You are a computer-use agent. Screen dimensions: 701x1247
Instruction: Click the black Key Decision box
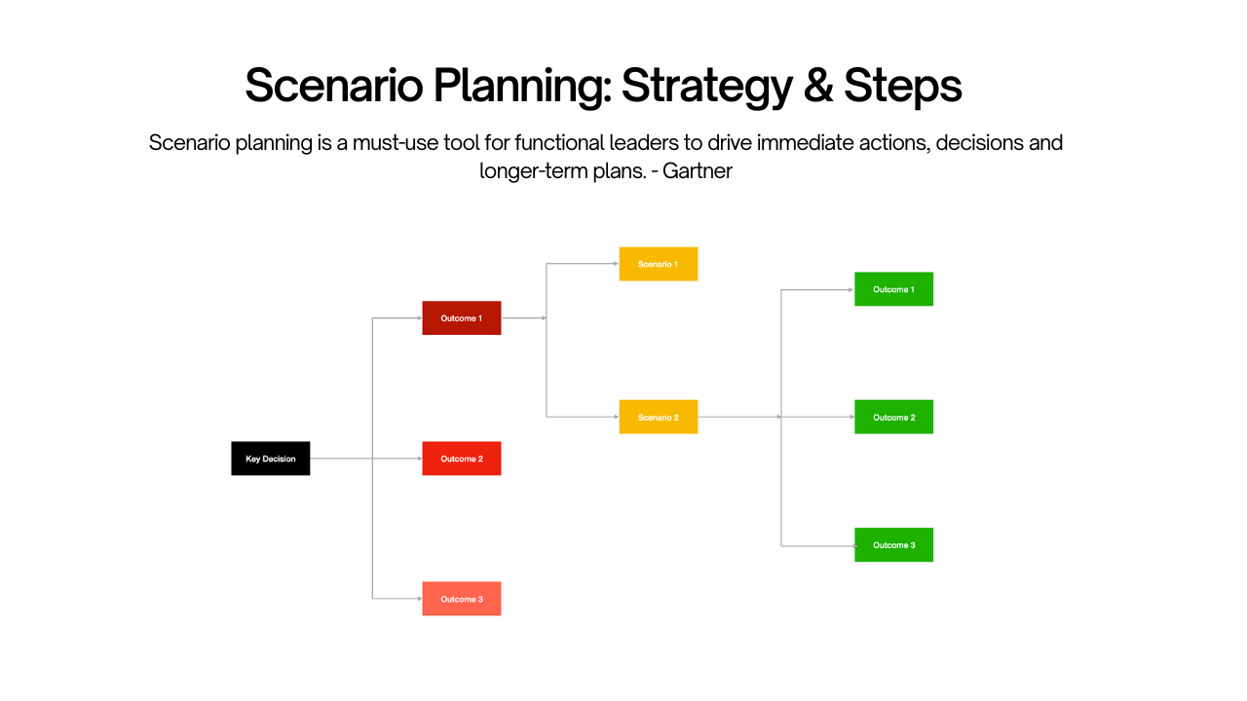[270, 459]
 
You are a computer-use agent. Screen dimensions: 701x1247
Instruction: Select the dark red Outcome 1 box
[461, 318]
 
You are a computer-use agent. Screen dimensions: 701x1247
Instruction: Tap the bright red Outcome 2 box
[461, 459]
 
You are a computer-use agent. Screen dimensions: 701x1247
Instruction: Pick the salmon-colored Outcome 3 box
[461, 599]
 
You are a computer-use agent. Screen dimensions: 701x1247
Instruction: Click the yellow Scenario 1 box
[658, 264]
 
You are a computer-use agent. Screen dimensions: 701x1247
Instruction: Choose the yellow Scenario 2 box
[658, 417]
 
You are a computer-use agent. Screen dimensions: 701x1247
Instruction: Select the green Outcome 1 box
[893, 289]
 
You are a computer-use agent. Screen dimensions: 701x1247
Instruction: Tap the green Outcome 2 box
[893, 417]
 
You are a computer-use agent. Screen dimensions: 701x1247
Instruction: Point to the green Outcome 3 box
[893, 545]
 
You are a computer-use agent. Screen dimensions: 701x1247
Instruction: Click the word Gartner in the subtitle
[697, 171]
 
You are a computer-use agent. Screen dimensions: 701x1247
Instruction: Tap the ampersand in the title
[818, 86]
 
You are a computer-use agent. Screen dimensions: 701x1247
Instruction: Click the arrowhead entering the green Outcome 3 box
[851, 546]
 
